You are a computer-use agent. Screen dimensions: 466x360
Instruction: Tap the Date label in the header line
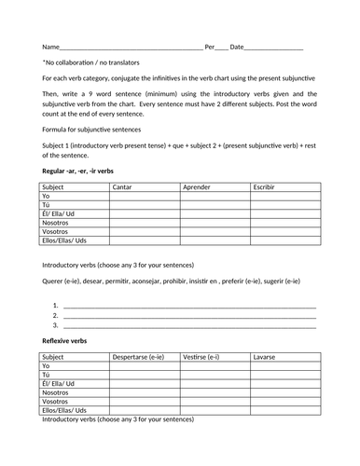click(x=238, y=46)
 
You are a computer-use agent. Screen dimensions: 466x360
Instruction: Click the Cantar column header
click(x=122, y=187)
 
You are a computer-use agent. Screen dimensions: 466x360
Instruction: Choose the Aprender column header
click(x=198, y=187)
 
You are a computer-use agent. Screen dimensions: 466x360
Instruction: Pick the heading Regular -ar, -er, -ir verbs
click(x=78, y=172)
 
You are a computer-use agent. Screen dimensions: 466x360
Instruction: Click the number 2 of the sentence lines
click(x=56, y=315)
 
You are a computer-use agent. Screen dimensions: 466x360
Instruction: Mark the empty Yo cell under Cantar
click(x=144, y=198)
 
